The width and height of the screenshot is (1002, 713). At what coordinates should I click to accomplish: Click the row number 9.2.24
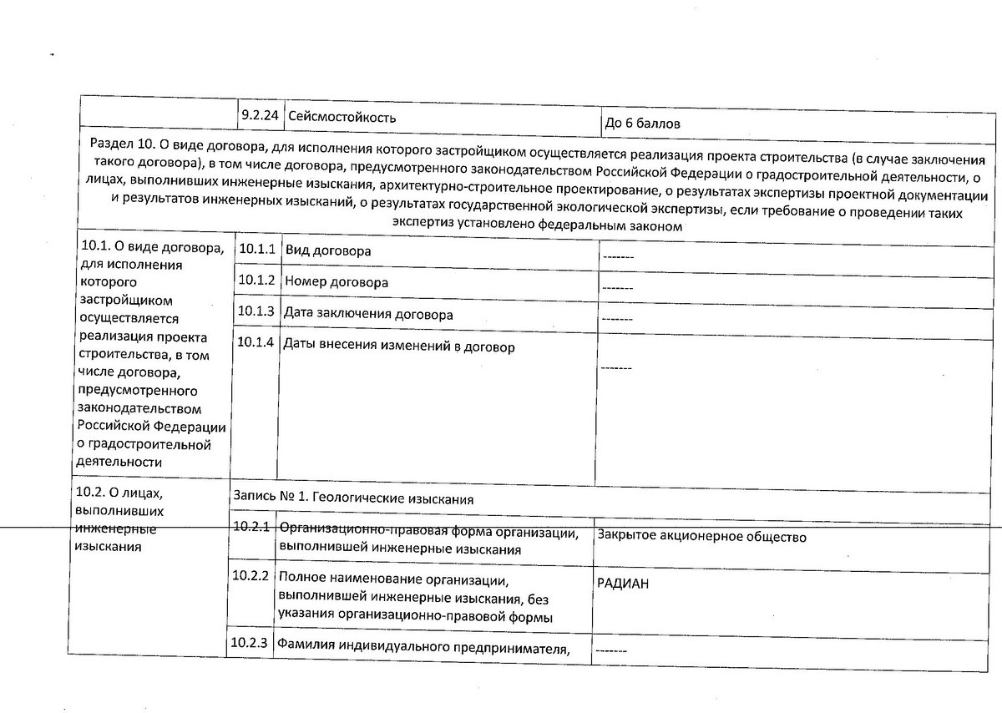coord(259,115)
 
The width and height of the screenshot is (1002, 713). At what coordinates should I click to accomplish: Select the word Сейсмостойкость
coord(342,117)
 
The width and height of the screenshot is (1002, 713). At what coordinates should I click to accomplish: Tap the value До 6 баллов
coord(642,124)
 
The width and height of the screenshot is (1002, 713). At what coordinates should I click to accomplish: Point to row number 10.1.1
coord(256,249)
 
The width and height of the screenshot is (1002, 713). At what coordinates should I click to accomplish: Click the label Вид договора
coord(328,250)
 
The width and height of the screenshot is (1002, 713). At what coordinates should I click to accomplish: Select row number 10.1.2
coord(256,280)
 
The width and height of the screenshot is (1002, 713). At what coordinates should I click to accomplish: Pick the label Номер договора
coord(337,282)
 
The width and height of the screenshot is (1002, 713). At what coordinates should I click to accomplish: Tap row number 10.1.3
coord(256,311)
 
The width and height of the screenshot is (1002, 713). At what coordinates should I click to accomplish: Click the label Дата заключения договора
coord(368,315)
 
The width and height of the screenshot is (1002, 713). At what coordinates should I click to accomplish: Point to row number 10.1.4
coord(256,342)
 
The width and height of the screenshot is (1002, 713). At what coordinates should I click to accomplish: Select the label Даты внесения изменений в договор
coord(399,346)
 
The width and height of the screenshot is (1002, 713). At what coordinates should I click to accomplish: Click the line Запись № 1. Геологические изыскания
coord(353,498)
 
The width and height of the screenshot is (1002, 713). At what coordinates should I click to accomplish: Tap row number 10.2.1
coord(251,527)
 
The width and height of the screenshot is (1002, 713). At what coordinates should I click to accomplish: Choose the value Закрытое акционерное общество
coord(701,537)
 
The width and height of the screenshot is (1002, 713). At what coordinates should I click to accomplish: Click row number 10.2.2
coord(251,576)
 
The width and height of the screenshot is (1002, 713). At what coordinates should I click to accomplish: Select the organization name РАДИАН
coord(623,584)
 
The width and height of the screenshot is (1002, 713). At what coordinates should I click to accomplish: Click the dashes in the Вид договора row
coord(618,256)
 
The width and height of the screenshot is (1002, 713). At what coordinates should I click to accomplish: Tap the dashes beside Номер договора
coord(617,288)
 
